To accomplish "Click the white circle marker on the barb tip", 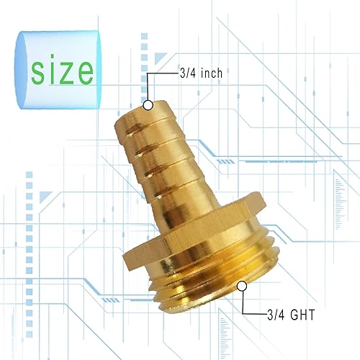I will [148, 105].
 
